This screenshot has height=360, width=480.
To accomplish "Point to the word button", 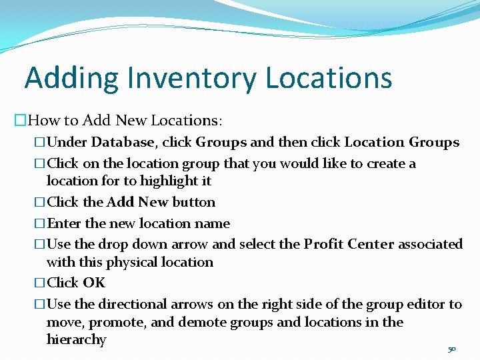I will pyautogui.click(x=194, y=202).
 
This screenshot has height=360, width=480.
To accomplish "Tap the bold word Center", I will pyautogui.click(x=374, y=244).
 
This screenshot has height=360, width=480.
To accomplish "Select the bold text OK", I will pyautogui.click(x=94, y=283).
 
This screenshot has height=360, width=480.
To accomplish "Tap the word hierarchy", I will pyautogui.click(x=76, y=340).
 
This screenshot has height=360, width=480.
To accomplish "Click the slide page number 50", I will pyautogui.click(x=451, y=349).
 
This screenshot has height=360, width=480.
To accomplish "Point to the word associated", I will pyautogui.click(x=431, y=244).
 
